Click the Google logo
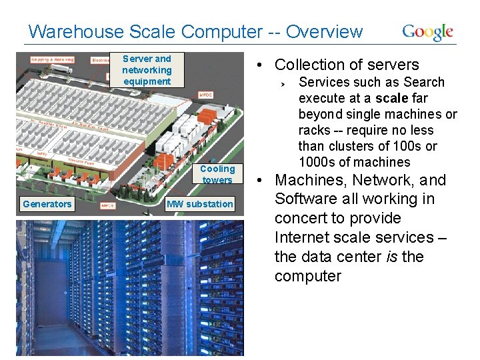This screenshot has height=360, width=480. pos(427,32)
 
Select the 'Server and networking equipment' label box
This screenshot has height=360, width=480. pos(147,70)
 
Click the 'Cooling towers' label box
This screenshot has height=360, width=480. pos(217,174)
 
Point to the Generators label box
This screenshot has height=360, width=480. pos(47,204)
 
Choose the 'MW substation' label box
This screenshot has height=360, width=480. pos(200,204)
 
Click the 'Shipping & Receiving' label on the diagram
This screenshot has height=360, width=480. pos(52,60)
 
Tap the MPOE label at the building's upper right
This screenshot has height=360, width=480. pos(206,95)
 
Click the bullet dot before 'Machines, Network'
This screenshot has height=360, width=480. pos(264,181)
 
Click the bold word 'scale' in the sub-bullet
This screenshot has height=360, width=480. pos(390,99)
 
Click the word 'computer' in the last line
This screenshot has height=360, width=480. pos(307,276)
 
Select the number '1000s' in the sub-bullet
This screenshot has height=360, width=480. pos(318,162)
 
